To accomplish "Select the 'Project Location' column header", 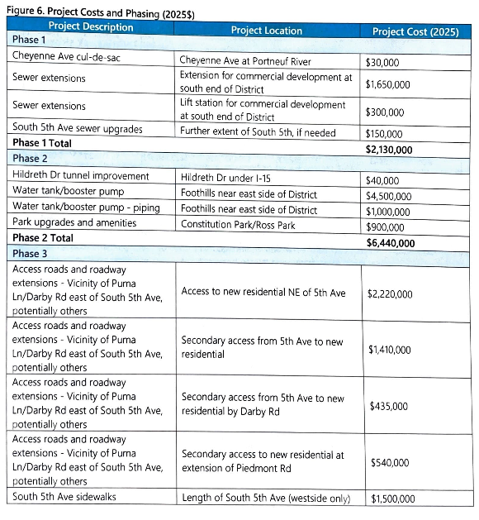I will pyautogui.click(x=266, y=31).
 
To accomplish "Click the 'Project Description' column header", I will pyautogui.click(x=91, y=27).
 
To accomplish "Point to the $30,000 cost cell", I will pyautogui.click(x=383, y=60).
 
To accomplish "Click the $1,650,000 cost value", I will pyautogui.click(x=391, y=83).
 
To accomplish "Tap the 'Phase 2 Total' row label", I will pyautogui.click(x=43, y=237).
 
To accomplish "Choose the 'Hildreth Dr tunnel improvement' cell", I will pyautogui.click(x=81, y=175).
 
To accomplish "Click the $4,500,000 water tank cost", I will pyautogui.click(x=391, y=195).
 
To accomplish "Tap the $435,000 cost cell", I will pyautogui.click(x=387, y=406).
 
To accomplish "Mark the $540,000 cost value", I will pyautogui.click(x=387, y=462).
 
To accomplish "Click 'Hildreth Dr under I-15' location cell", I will pyautogui.click(x=230, y=179).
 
